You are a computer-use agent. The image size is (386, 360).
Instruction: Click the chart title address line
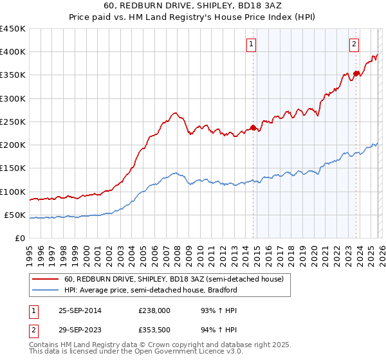click(x=193, y=5)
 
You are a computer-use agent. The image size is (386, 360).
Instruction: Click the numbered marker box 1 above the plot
click(x=251, y=44)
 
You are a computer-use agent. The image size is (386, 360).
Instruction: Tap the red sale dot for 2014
click(x=253, y=127)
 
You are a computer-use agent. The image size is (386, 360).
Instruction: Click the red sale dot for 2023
click(x=356, y=73)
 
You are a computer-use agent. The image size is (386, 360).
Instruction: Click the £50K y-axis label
click(x=15, y=215)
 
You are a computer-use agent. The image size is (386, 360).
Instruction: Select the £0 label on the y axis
click(x=19, y=239)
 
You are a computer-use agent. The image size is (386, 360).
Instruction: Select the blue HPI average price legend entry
click(x=151, y=290)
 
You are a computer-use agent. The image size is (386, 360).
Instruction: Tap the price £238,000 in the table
click(x=155, y=310)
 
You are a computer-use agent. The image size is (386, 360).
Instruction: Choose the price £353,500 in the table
click(x=155, y=331)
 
